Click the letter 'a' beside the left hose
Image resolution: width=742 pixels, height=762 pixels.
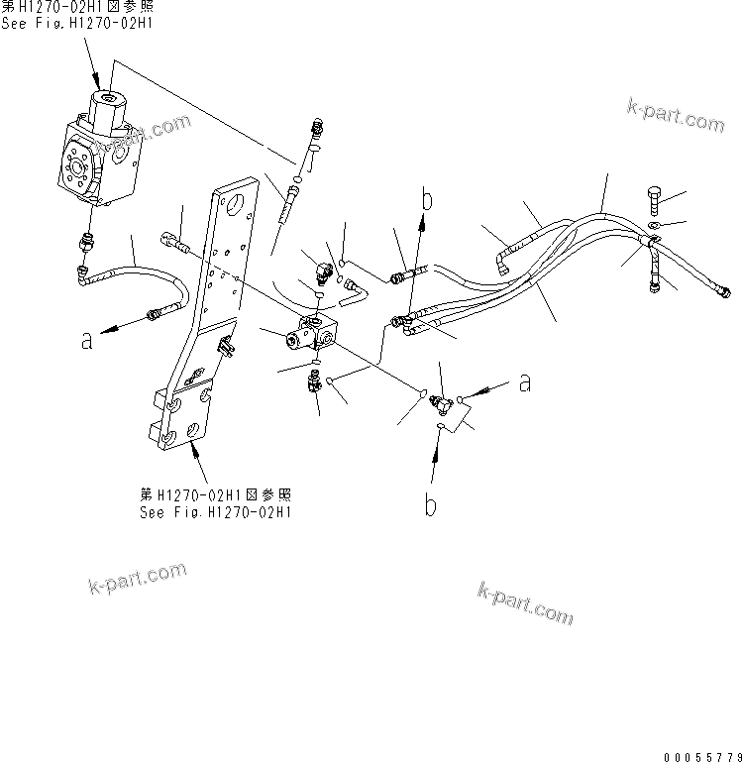tap(87, 339)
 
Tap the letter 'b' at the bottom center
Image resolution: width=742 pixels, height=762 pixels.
tap(430, 505)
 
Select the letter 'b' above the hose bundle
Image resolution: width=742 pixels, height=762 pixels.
tap(428, 200)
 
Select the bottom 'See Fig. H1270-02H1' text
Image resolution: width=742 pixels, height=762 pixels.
tap(215, 512)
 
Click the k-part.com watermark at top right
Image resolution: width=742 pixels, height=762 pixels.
tap(676, 116)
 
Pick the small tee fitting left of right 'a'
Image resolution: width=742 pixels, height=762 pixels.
tap(443, 401)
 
